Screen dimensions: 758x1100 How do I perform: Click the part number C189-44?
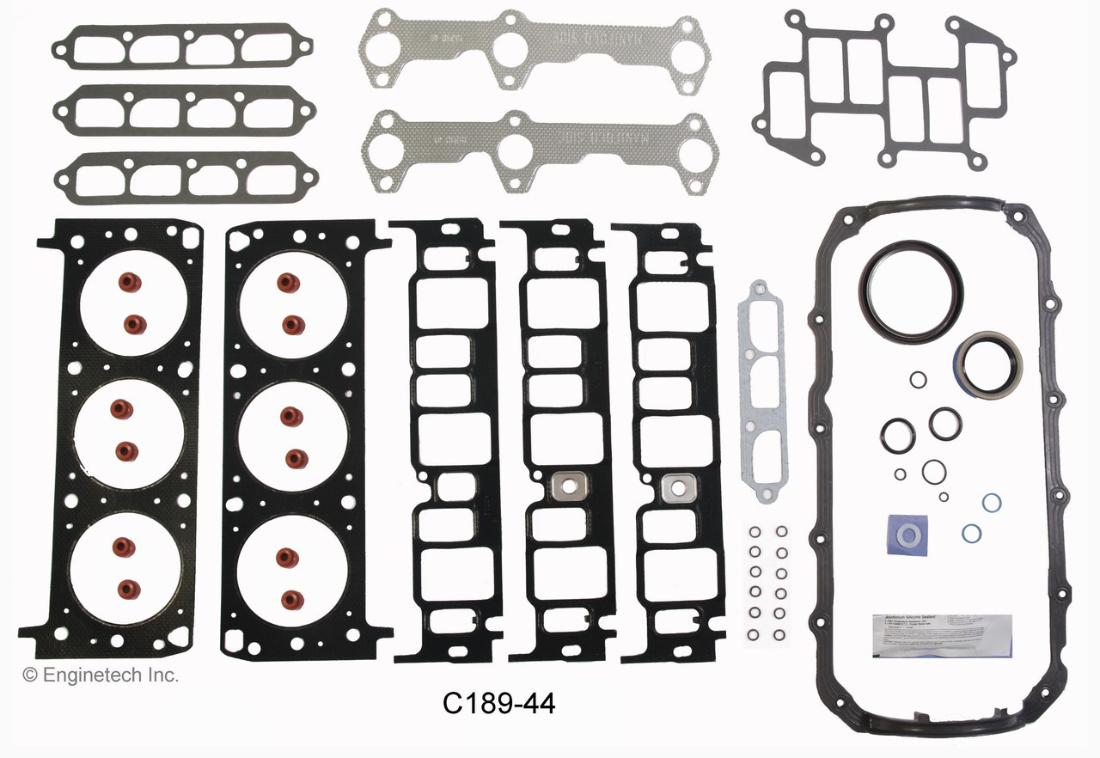[498, 705]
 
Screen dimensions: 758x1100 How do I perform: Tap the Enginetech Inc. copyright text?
[101, 675]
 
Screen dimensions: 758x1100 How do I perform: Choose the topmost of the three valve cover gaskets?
[181, 46]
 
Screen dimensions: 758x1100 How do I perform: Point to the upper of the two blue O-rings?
[991, 502]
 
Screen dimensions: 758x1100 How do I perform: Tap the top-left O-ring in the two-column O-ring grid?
[754, 532]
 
